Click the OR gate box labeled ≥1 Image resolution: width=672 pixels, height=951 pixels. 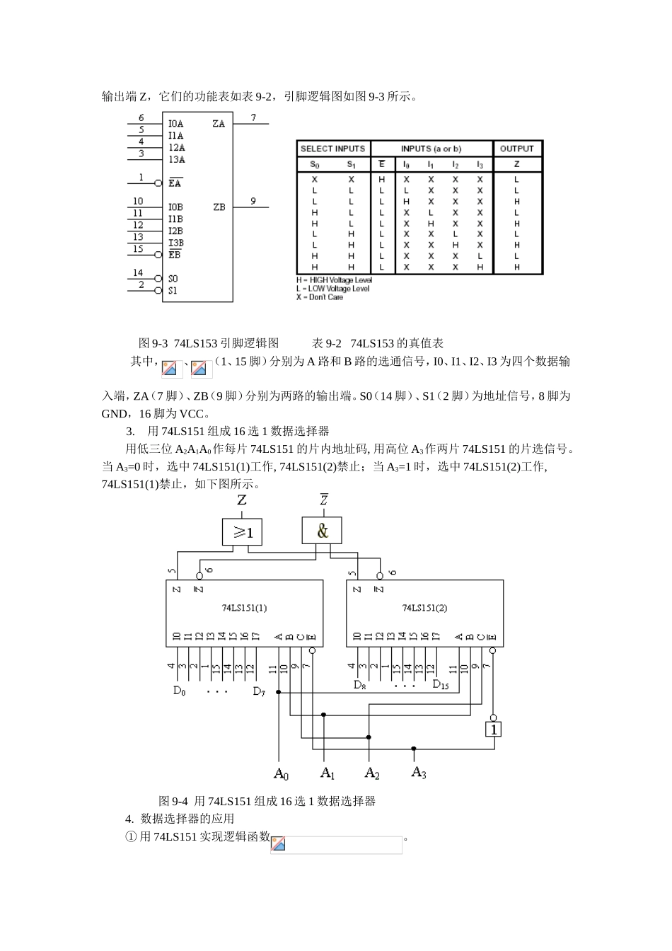coord(242,531)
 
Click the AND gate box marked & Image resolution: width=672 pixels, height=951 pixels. coord(323,531)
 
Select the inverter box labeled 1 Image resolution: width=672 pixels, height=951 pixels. coord(494,728)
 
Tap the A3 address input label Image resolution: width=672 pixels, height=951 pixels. coord(419,772)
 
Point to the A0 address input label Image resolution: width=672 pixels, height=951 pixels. coord(281,773)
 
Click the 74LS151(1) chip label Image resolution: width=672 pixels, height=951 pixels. coord(244,607)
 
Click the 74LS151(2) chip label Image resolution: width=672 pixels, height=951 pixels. coord(424,607)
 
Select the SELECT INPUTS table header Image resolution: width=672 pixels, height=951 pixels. coord(332,149)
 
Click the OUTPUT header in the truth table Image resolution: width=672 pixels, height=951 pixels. coord(516,149)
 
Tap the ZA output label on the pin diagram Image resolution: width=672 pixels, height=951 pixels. coord(219,124)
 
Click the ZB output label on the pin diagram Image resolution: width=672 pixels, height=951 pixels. coord(219,207)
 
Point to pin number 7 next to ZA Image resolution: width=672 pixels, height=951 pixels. coord(253,118)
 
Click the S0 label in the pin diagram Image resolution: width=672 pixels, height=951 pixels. coord(173,279)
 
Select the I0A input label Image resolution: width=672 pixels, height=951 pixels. coord(175,124)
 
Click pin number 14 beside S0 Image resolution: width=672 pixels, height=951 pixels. coord(138,272)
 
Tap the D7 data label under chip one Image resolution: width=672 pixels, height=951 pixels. coord(259,691)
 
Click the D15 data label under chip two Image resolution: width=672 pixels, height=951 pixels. coord(440,685)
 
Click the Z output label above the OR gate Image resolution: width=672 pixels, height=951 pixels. coord(242,500)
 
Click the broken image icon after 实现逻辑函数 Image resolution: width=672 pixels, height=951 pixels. coord(278,843)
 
